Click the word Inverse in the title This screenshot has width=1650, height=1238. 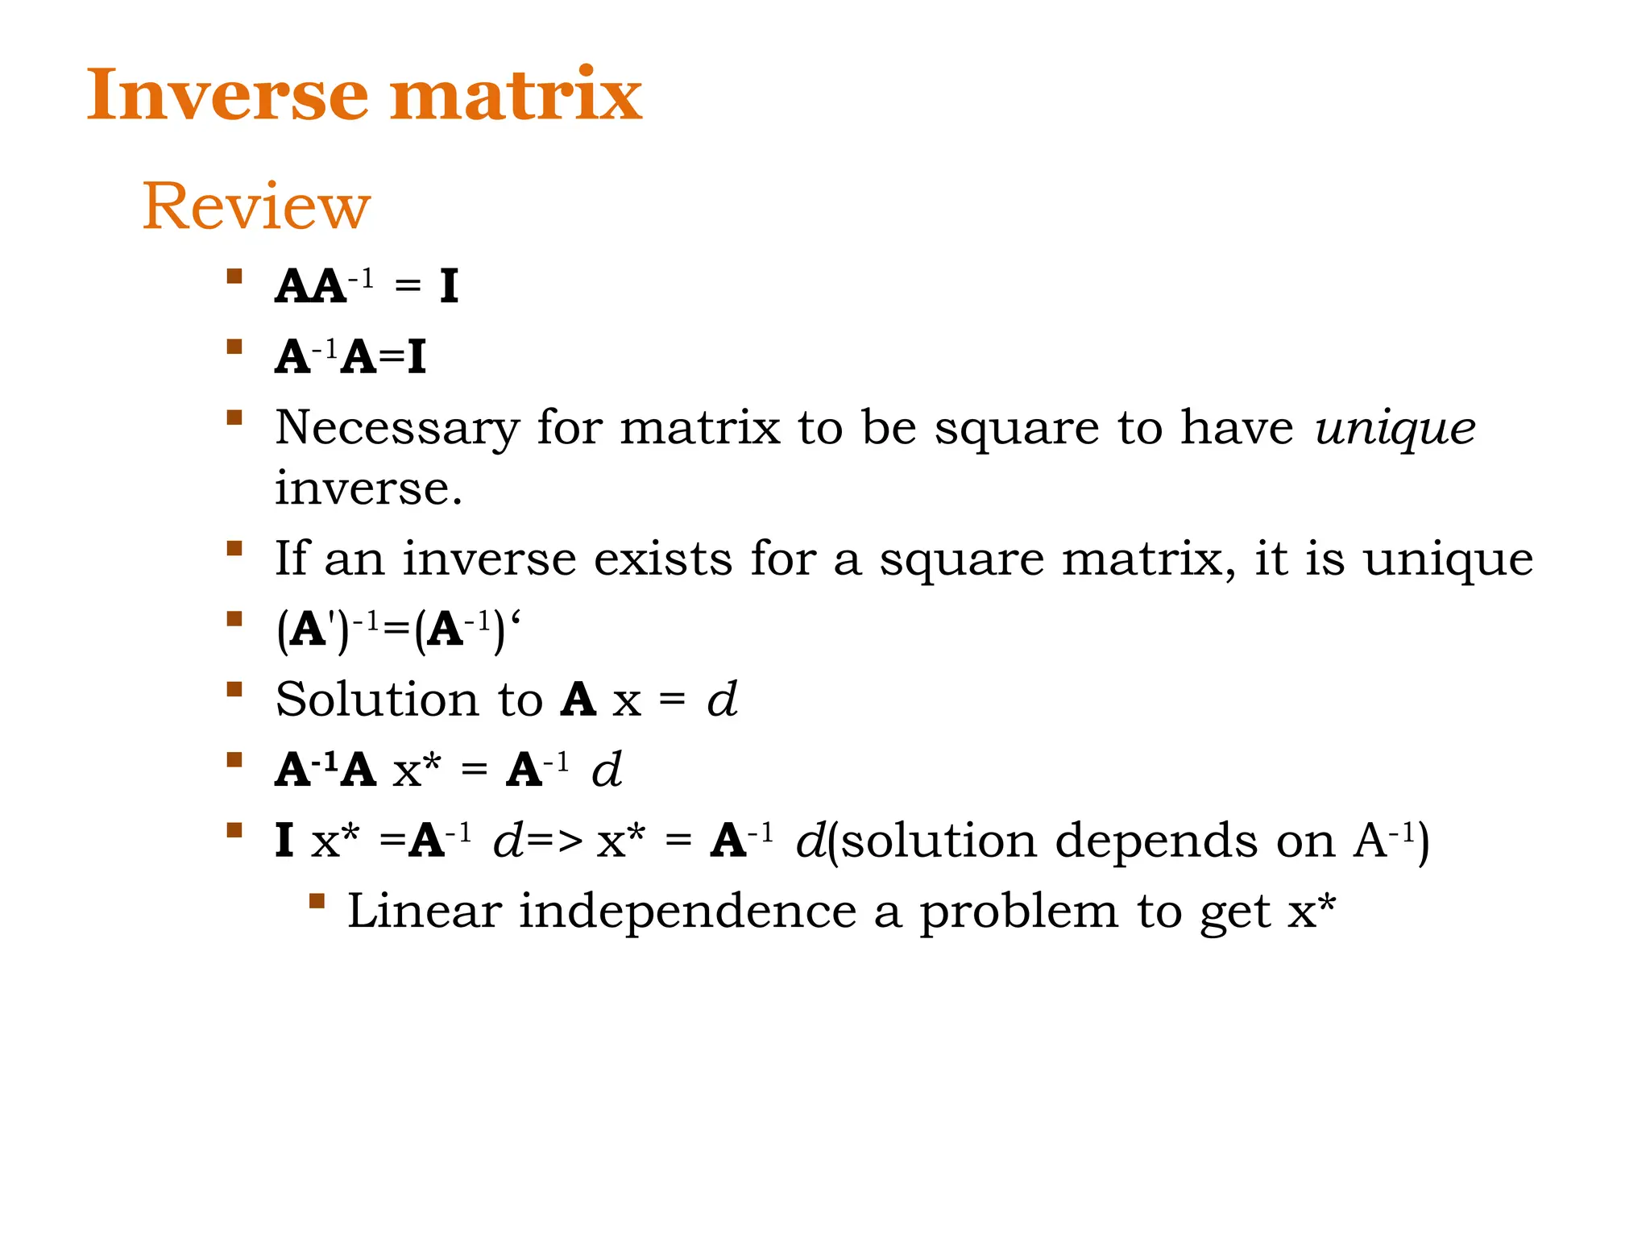[x=228, y=95]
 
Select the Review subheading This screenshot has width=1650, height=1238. [x=256, y=206]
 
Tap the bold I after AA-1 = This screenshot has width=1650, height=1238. [x=449, y=286]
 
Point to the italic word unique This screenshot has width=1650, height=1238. [x=1395, y=428]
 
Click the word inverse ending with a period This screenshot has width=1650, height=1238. [x=368, y=488]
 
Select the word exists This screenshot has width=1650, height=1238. [x=663, y=558]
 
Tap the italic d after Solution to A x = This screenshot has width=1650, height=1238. [x=722, y=699]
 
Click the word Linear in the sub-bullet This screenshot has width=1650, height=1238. [x=425, y=912]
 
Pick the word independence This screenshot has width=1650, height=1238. [x=687, y=912]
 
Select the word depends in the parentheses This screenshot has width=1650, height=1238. [x=1155, y=841]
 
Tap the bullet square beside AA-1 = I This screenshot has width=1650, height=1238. [x=234, y=276]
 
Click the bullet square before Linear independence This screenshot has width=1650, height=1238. [x=317, y=901]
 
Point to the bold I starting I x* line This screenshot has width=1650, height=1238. [x=284, y=841]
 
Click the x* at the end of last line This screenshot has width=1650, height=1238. [x=1311, y=912]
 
